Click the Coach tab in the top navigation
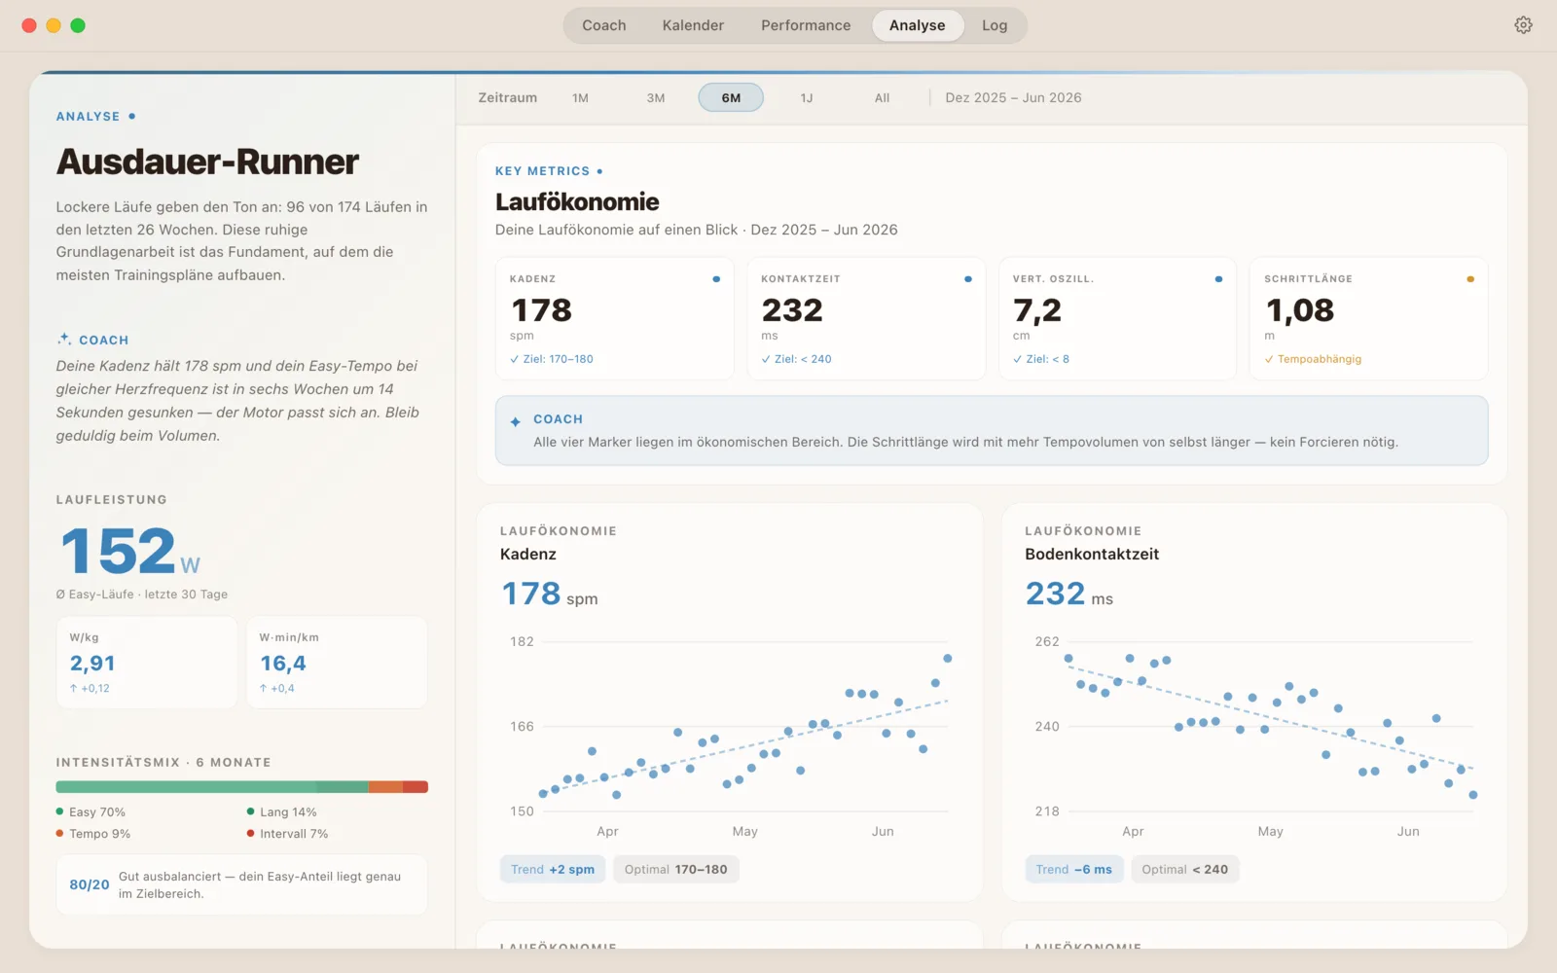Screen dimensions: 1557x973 point(603,25)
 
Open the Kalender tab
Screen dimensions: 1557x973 point(693,25)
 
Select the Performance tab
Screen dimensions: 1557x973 point(806,25)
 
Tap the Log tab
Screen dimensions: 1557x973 point(995,25)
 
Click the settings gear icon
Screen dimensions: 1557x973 point(1523,25)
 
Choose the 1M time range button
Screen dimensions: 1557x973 point(580,98)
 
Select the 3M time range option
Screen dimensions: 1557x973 point(656,98)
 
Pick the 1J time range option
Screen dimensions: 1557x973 point(807,98)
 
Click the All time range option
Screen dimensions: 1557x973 point(882,98)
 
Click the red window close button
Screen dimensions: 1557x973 point(29,25)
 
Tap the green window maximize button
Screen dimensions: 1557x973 point(78,25)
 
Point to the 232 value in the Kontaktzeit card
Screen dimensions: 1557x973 point(792,310)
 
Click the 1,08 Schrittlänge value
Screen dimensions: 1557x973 point(1299,310)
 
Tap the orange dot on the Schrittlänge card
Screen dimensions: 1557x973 point(1470,279)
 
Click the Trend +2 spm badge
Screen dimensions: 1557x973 point(553,870)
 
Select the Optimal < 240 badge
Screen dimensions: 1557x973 point(1184,870)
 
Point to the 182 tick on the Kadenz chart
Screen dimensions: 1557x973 point(522,641)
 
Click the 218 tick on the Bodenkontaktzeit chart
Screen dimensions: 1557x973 point(1047,811)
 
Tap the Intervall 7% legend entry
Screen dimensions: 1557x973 point(288,833)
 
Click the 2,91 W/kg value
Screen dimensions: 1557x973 point(92,663)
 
